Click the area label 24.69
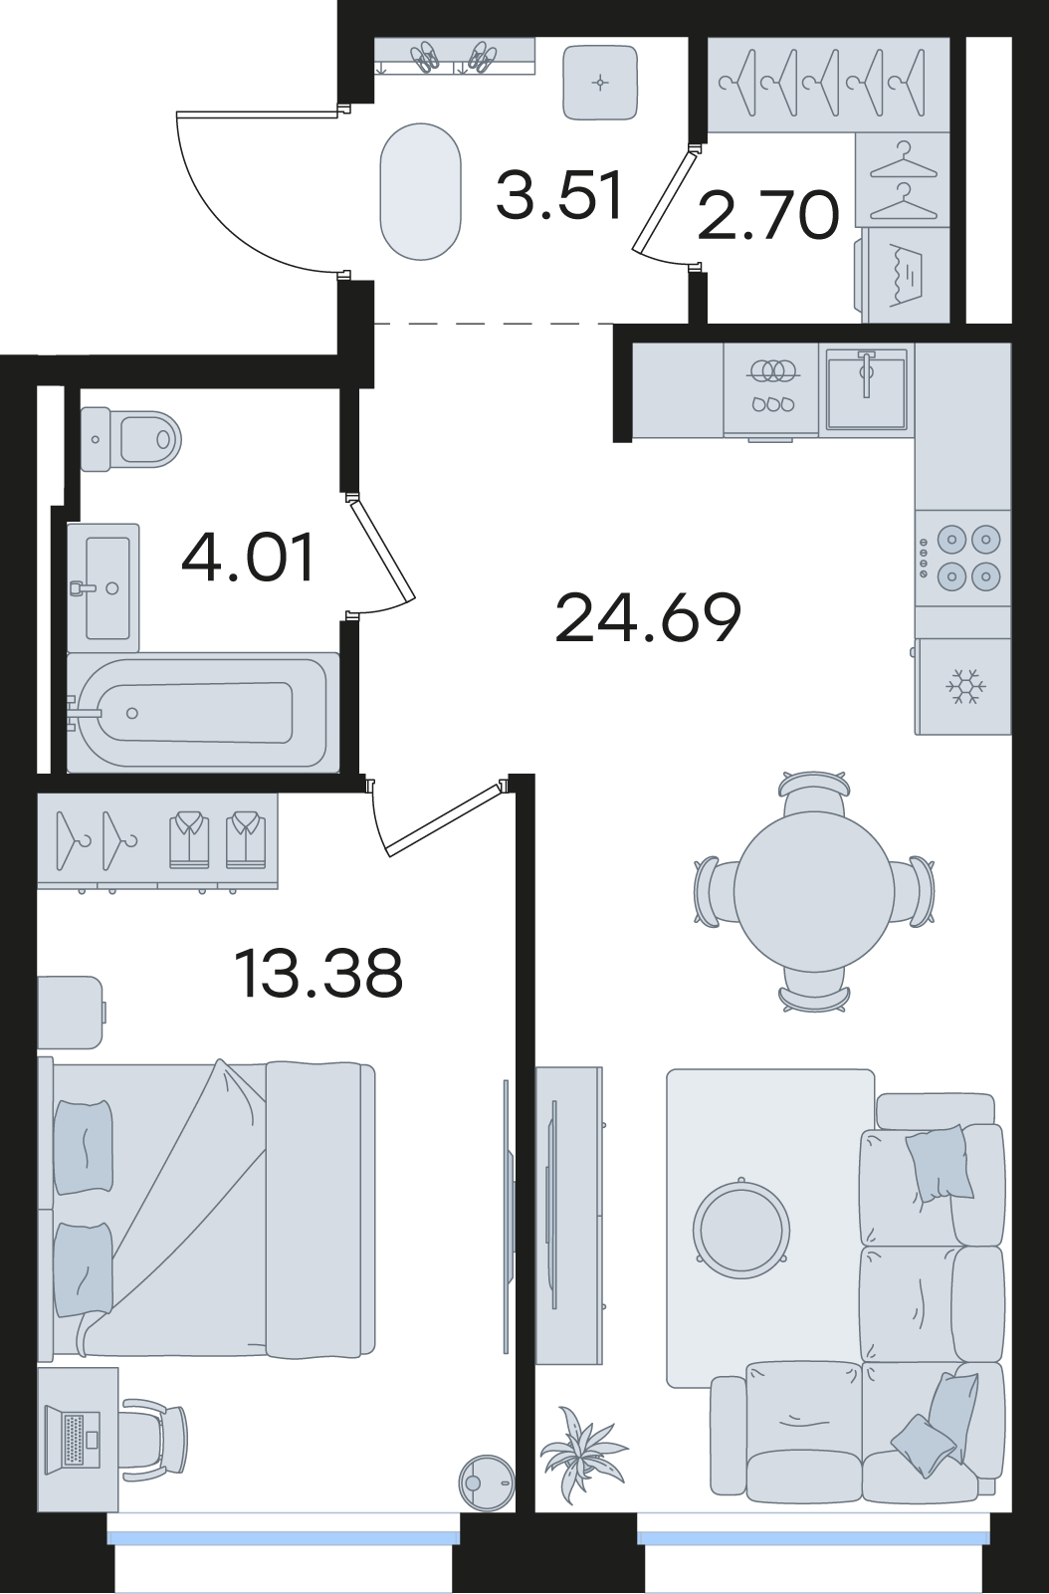648,617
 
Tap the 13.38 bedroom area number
317,974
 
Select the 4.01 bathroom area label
247,559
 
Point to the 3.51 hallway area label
559,194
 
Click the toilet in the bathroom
130,439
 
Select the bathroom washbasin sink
104,587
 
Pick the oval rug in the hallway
420,191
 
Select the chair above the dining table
814,793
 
